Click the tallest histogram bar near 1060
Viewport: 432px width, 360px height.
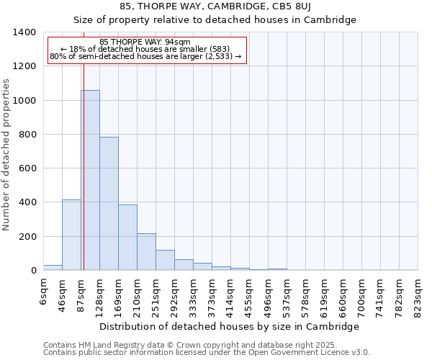pos(90,180)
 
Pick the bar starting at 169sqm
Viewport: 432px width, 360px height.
pos(127,238)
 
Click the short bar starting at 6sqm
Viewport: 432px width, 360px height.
pos(53,267)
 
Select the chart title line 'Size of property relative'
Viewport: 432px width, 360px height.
pos(215,19)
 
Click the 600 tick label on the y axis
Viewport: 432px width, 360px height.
pos(27,168)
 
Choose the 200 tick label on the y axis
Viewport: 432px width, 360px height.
pos(27,237)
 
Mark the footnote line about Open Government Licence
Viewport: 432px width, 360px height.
pos(207,353)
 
